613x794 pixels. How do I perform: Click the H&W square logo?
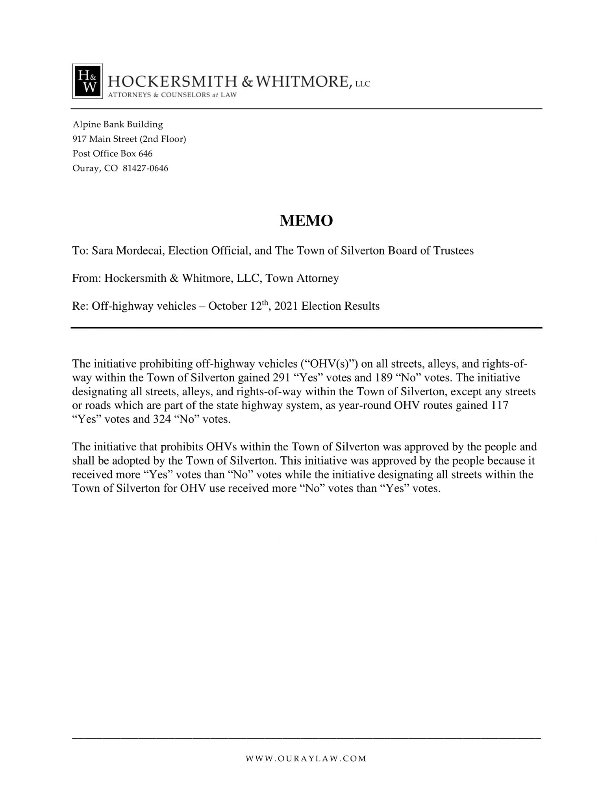[87, 81]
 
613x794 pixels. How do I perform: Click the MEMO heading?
[306, 221]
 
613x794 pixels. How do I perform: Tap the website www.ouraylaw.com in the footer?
[306, 759]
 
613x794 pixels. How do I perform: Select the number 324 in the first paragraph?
[162, 419]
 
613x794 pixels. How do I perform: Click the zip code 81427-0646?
[146, 168]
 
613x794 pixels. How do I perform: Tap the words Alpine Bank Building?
[118, 125]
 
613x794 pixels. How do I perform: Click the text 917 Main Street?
[104, 139]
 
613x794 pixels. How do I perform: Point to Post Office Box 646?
[112, 154]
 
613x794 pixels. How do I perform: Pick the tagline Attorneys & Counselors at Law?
[172, 95]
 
